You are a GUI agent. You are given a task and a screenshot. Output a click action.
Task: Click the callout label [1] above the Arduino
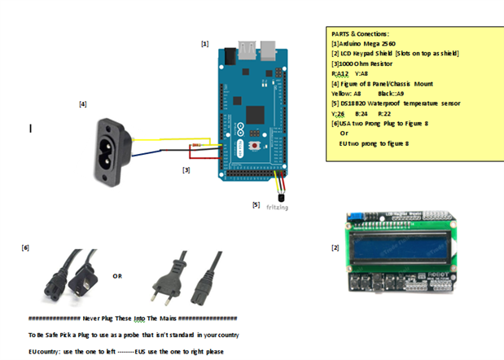point(204,44)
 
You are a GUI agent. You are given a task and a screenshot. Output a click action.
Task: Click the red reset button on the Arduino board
point(256,145)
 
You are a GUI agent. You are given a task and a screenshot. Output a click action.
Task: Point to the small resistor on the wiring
point(195,147)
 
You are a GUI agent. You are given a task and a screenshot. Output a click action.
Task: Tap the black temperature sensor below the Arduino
point(282,195)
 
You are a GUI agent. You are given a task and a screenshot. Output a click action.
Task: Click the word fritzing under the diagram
point(277,208)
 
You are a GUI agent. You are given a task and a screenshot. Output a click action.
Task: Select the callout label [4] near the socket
point(82,104)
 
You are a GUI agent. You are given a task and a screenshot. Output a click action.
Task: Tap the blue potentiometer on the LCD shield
point(356,218)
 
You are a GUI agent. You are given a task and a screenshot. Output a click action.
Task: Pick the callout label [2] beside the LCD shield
point(335,247)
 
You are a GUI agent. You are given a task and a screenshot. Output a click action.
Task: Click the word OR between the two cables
point(117,276)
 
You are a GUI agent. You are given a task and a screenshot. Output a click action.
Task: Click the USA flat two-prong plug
point(81,277)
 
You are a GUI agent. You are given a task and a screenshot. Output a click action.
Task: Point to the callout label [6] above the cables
point(25,247)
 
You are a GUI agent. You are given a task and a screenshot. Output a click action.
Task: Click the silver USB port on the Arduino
point(251,47)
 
